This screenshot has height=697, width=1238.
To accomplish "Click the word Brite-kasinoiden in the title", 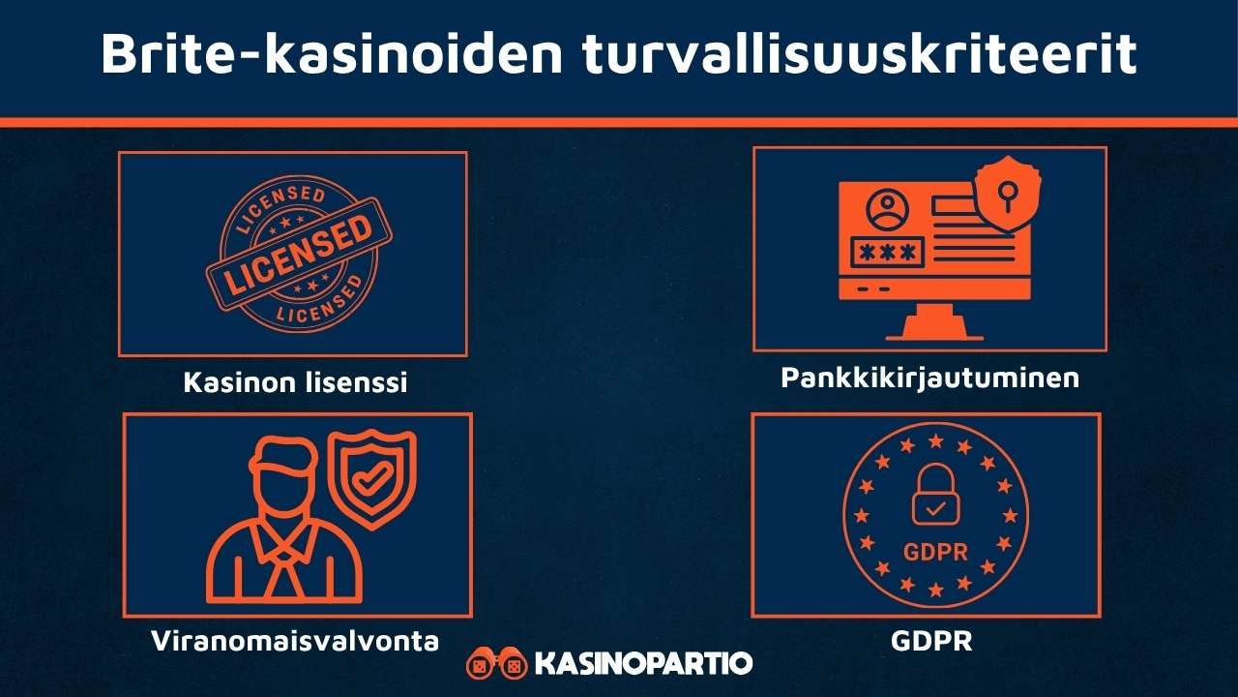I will coord(328,54).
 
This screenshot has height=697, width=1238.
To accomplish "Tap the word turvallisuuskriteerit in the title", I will coord(859,54).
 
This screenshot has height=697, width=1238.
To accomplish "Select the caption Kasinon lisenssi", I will coord(295,382).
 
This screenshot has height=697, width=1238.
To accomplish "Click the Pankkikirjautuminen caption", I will coord(929,378).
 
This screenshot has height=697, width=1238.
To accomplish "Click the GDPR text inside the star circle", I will coord(934,553).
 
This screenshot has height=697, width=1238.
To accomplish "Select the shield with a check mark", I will coord(372,478).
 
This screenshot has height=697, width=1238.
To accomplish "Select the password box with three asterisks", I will coord(885,253).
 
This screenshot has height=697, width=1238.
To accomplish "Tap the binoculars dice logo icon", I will coord(497,664).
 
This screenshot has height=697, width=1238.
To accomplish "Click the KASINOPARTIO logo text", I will coord(642,664).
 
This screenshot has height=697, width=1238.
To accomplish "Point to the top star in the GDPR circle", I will coord(935,441).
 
